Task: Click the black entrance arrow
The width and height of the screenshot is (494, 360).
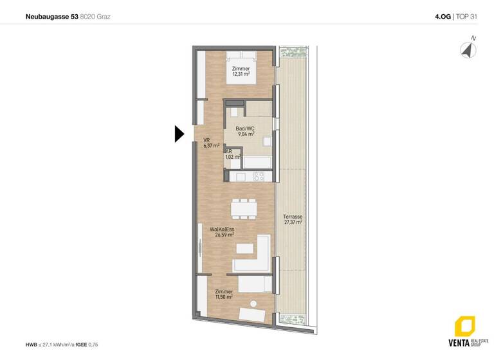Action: coord(179,134)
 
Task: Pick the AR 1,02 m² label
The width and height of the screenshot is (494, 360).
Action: coord(232,154)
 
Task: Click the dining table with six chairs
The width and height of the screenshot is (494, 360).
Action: coord(244,208)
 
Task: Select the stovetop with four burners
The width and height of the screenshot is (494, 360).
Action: coord(259,175)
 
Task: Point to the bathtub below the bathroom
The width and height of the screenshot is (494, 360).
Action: coord(261,161)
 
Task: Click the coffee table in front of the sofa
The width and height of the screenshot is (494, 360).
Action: coord(244,248)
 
